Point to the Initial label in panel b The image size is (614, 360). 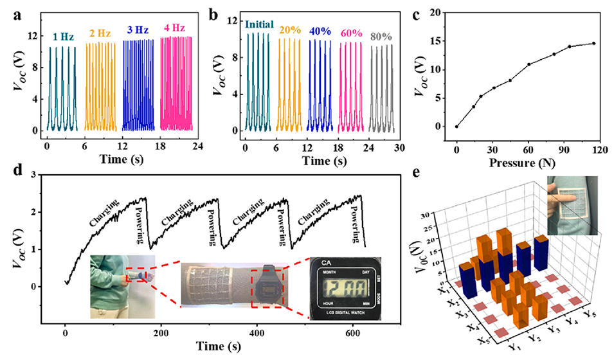tap(259, 25)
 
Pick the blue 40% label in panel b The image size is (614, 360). tap(321, 29)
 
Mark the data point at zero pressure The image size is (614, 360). tap(456, 127)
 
